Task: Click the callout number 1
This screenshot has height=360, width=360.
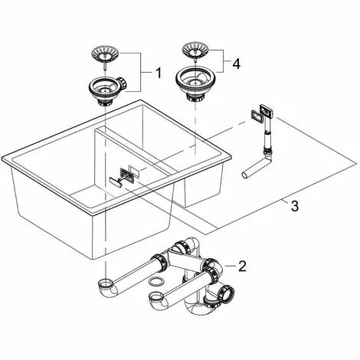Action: click(x=159, y=73)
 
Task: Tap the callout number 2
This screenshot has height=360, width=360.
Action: click(x=242, y=266)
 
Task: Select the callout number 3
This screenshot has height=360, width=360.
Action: click(x=295, y=206)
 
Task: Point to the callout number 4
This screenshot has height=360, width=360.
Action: click(x=237, y=64)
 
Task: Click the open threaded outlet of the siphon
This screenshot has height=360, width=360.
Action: click(x=228, y=293)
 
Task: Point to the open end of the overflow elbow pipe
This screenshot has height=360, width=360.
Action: click(x=245, y=175)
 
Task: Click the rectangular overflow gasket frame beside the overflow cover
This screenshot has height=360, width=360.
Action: click(x=256, y=116)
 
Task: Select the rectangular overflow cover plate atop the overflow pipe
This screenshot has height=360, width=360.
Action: click(x=267, y=111)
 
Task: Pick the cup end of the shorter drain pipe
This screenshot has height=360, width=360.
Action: click(x=157, y=296)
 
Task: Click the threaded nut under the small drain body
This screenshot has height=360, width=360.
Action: click(x=105, y=102)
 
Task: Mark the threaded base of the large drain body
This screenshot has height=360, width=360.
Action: click(x=195, y=96)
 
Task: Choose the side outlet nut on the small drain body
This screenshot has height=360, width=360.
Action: click(x=123, y=83)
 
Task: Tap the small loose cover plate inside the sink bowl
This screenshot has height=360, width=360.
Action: click(x=115, y=182)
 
